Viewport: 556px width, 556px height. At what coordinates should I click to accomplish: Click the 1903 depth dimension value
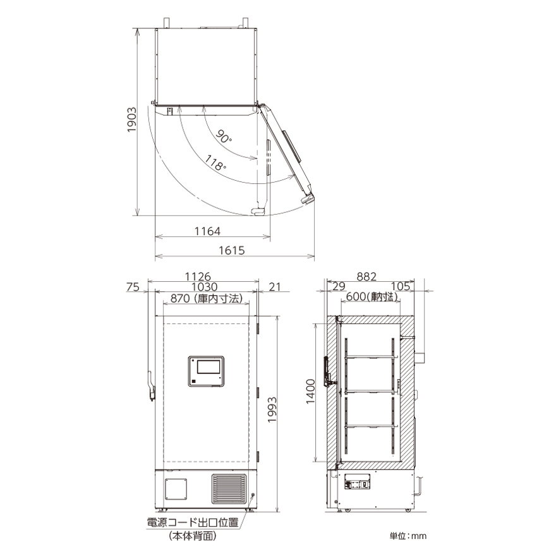[132, 120]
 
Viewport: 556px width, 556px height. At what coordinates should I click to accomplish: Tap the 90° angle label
[224, 136]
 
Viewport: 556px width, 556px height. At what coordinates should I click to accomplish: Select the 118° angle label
[215, 164]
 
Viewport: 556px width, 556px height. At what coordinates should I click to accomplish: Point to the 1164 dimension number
[207, 231]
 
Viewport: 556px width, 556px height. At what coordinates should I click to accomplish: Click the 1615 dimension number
[232, 250]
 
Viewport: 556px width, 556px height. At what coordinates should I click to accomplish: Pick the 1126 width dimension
[198, 276]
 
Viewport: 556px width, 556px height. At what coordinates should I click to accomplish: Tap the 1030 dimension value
[205, 286]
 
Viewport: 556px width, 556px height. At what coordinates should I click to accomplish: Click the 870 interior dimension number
[180, 298]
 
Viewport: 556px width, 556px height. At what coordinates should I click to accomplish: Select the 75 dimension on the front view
[133, 286]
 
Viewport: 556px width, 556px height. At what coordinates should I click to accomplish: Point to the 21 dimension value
[275, 286]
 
